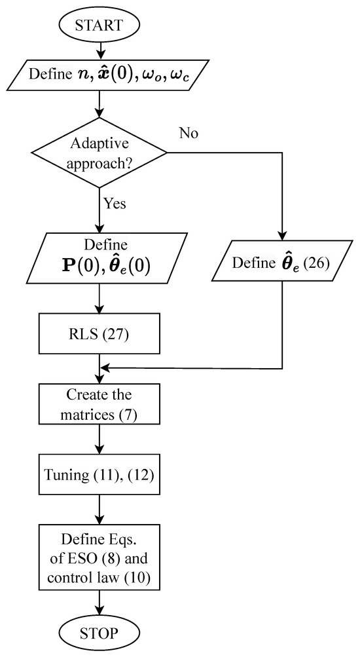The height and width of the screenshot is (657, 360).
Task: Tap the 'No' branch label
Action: [189, 134]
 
